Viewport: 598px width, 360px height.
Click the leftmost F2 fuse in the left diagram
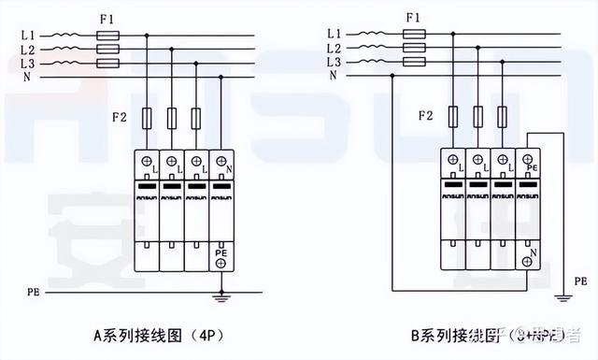point(149,118)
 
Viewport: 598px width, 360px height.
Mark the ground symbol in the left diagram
point(221,298)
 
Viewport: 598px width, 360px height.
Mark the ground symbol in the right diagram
point(559,297)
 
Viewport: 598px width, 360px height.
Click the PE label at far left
point(32,293)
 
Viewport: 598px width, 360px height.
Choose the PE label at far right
point(580,281)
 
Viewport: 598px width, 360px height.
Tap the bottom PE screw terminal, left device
point(221,264)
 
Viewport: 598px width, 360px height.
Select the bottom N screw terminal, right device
point(528,263)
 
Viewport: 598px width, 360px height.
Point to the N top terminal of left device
point(221,162)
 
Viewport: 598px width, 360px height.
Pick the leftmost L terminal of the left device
point(148,162)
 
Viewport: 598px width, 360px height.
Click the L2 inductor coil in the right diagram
point(365,48)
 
